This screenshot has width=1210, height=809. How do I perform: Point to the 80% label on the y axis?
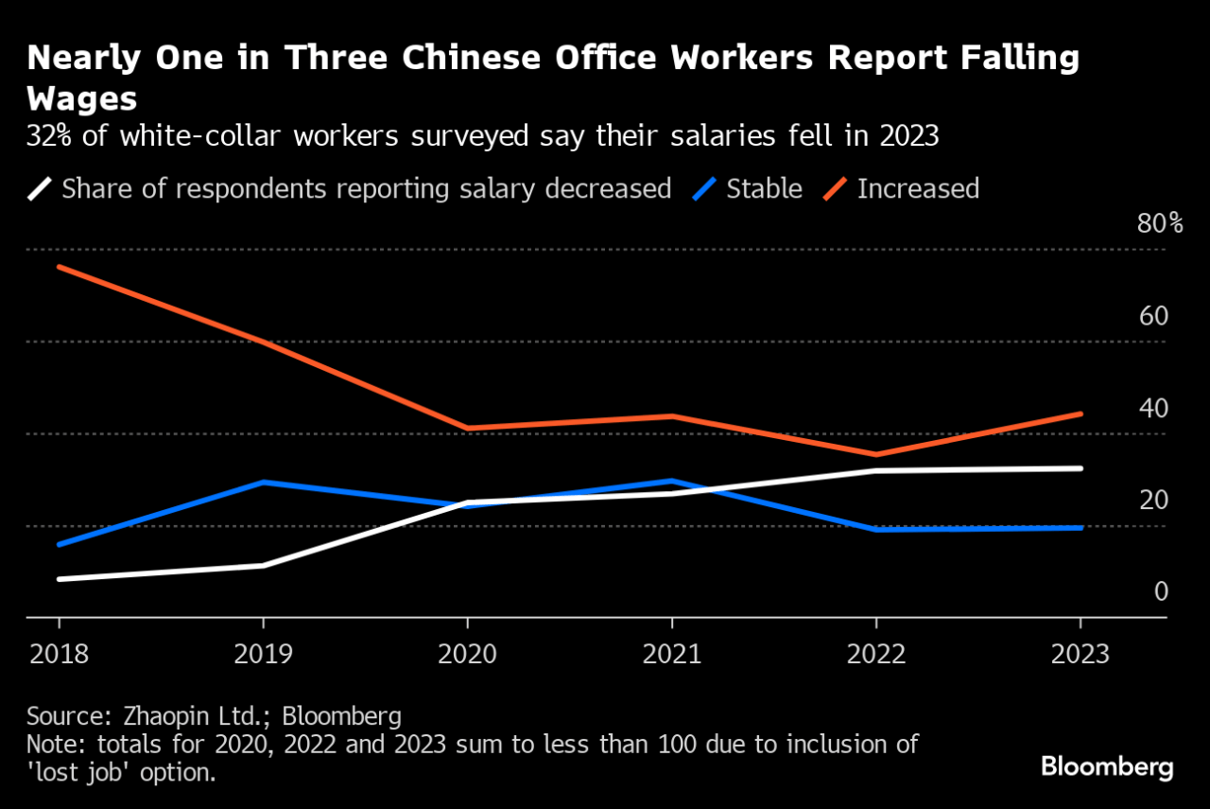tap(1161, 224)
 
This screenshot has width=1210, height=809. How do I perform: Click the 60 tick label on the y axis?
tap(1154, 316)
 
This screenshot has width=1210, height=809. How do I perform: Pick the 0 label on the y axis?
tap(1161, 591)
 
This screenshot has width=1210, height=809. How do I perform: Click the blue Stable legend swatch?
tap(702, 188)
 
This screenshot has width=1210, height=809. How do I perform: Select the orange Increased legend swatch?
tap(833, 188)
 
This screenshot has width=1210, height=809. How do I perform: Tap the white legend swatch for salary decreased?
tap(39, 188)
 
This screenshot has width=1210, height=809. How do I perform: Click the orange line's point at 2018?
tap(59, 267)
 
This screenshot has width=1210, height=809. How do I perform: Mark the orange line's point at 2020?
tap(467, 428)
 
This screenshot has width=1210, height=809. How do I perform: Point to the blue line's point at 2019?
tap(263, 482)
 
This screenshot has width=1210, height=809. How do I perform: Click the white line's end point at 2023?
tap(1080, 467)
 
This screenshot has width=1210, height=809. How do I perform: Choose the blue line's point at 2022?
tap(875, 529)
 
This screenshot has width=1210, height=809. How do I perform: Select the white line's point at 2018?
tap(59, 578)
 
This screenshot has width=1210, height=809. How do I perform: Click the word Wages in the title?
tap(83, 98)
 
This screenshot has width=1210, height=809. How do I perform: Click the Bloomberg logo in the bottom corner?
tap(1107, 765)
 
